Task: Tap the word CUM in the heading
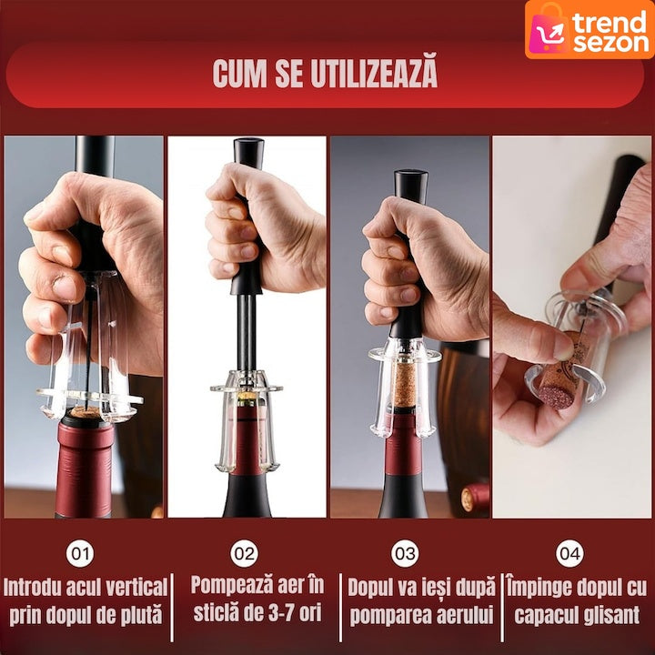[239, 73]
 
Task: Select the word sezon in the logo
[611, 42]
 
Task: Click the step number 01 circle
[80, 553]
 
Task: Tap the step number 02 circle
[245, 553]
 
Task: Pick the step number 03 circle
[405, 553]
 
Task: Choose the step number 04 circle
[569, 553]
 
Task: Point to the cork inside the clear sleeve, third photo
[404, 385]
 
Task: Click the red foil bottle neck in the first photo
[85, 468]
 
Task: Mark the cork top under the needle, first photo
[86, 412]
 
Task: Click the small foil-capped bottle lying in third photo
[475, 498]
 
